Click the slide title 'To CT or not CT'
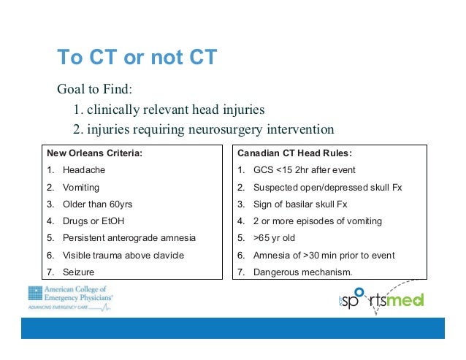coord(137,57)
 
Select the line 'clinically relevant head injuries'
coord(168,110)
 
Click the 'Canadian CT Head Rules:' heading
coord(294,153)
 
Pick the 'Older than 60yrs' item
coord(98,204)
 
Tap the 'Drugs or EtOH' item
coord(93,221)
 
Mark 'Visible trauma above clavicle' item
coord(123,255)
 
